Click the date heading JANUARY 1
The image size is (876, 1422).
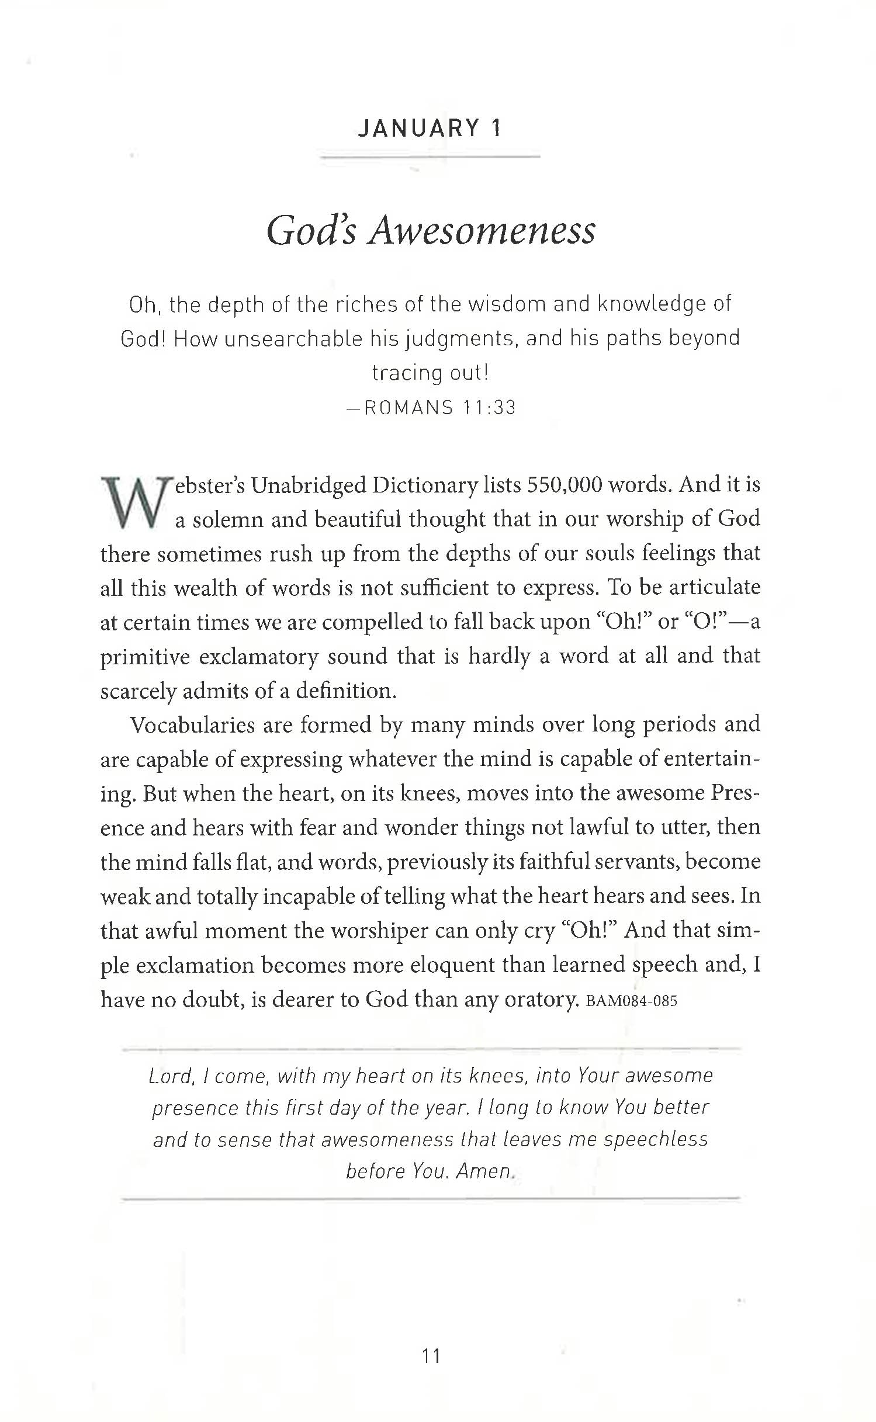coord(430,128)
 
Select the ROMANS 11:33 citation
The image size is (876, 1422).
coord(440,407)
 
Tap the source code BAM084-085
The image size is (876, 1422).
coord(631,1001)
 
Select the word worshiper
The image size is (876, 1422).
coord(380,931)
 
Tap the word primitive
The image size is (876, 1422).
coord(145,657)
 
